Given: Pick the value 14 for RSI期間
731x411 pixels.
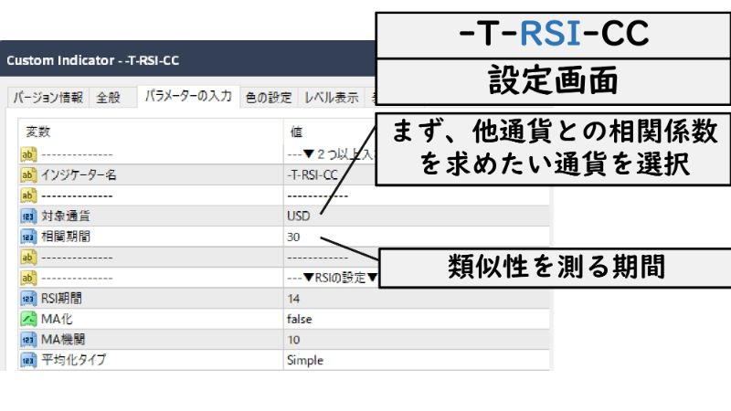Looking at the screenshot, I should click(x=293, y=299).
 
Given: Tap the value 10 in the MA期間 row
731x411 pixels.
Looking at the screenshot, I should click(x=293, y=340).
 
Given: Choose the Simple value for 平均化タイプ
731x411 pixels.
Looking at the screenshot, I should click(x=305, y=360).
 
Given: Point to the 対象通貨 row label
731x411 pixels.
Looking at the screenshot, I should click(x=66, y=216).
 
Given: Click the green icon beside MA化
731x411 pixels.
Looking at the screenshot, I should click(x=27, y=319).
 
